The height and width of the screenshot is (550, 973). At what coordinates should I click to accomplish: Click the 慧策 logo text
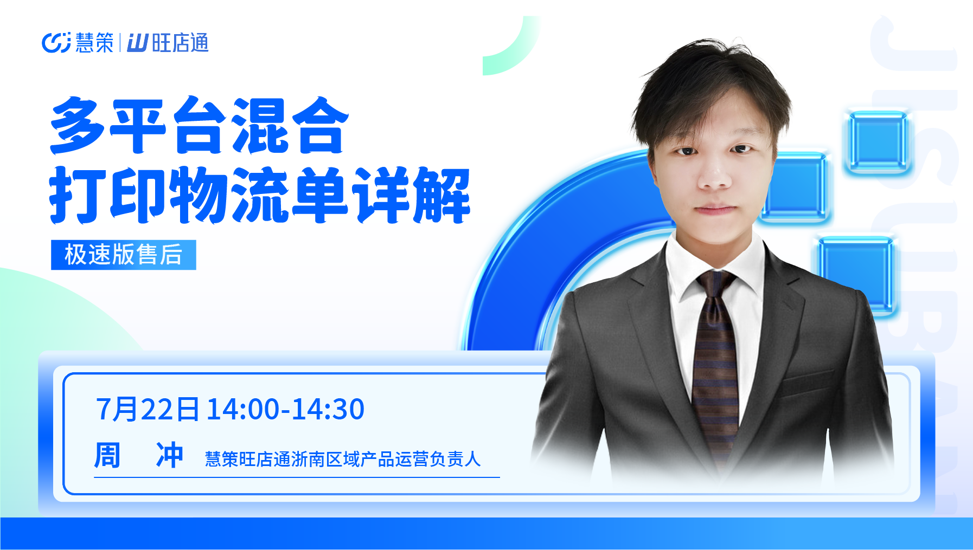[94, 43]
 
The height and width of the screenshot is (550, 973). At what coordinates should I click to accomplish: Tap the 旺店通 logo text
[181, 43]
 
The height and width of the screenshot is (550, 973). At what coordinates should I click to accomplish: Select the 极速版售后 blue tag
[124, 255]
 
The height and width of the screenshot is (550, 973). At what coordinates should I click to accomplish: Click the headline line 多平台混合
[200, 125]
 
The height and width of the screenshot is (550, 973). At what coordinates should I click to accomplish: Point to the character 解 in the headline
[441, 195]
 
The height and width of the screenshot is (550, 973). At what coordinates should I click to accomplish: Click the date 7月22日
[148, 409]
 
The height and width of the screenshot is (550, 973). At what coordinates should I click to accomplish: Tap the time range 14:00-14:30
[286, 409]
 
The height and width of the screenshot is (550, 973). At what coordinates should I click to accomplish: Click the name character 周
[107, 455]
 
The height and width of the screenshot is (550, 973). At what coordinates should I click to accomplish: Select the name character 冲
[170, 455]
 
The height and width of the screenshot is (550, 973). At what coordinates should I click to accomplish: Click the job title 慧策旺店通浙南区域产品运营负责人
[343, 459]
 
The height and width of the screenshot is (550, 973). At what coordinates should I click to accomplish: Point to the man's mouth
[715, 209]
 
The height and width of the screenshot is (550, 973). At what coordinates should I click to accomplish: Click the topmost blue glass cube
[878, 141]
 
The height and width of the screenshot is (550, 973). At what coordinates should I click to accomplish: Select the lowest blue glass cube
[856, 275]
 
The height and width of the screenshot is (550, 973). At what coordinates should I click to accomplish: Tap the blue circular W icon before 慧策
[56, 43]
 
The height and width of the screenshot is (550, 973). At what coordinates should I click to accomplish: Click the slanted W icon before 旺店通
[137, 43]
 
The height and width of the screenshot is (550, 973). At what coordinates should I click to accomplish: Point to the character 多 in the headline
[78, 125]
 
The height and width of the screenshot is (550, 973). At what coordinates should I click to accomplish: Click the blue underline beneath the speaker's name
[297, 477]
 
